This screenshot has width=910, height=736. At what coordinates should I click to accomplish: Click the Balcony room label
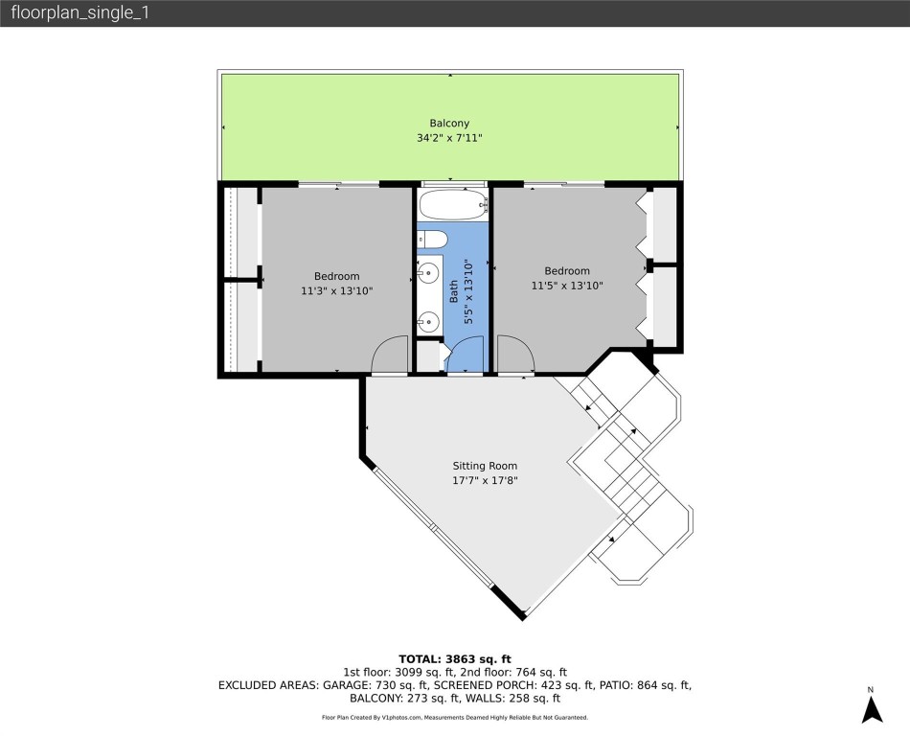pyautogui.click(x=448, y=123)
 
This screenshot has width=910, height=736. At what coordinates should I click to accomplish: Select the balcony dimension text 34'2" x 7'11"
pyautogui.click(x=448, y=138)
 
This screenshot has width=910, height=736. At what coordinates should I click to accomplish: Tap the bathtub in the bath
pyautogui.click(x=453, y=205)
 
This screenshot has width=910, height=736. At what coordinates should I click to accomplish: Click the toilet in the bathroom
pyautogui.click(x=430, y=239)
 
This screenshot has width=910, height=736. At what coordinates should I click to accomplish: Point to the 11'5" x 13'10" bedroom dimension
pyautogui.click(x=567, y=285)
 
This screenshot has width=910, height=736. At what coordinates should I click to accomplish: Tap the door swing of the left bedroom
pyautogui.click(x=389, y=356)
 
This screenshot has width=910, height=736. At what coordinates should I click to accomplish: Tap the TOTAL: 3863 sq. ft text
pyautogui.click(x=454, y=658)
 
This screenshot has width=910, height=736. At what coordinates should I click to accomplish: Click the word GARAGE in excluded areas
pyautogui.click(x=331, y=685)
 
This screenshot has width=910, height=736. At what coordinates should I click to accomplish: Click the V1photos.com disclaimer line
pyautogui.click(x=454, y=717)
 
